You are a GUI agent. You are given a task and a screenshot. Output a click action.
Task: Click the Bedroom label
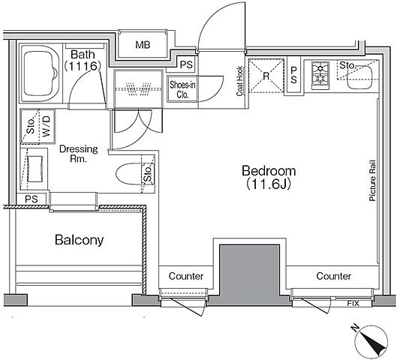pos(269,171)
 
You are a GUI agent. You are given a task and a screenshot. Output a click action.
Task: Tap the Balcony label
pos(79,240)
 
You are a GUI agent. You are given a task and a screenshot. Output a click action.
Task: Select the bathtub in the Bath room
pos(41,73)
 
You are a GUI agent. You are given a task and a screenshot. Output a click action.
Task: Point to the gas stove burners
pos(320,75)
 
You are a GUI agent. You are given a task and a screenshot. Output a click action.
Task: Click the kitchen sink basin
pos(359,76)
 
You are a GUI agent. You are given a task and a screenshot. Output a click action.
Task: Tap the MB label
pos(143,45)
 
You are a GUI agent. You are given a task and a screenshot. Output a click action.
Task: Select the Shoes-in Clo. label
pos(182,89)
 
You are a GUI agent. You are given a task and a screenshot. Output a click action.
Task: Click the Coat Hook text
pos(239,81)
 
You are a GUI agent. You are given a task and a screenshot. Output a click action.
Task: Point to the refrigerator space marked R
pos(266,76)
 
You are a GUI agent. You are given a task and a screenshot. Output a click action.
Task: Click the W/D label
pos(47,126)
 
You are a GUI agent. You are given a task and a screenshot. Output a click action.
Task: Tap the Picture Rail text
pos(372,181)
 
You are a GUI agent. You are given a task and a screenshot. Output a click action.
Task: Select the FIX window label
pos(353,304)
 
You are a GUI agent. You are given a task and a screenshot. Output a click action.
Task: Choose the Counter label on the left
pos(186,276)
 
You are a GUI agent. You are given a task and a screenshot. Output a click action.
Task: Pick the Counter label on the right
pos(334,276)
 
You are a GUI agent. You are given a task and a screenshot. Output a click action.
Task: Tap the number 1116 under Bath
pos(82,66)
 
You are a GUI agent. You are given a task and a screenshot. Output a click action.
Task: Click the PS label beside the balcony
pos(32,199)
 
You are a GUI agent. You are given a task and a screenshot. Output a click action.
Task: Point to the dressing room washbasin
pos(35,169)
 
